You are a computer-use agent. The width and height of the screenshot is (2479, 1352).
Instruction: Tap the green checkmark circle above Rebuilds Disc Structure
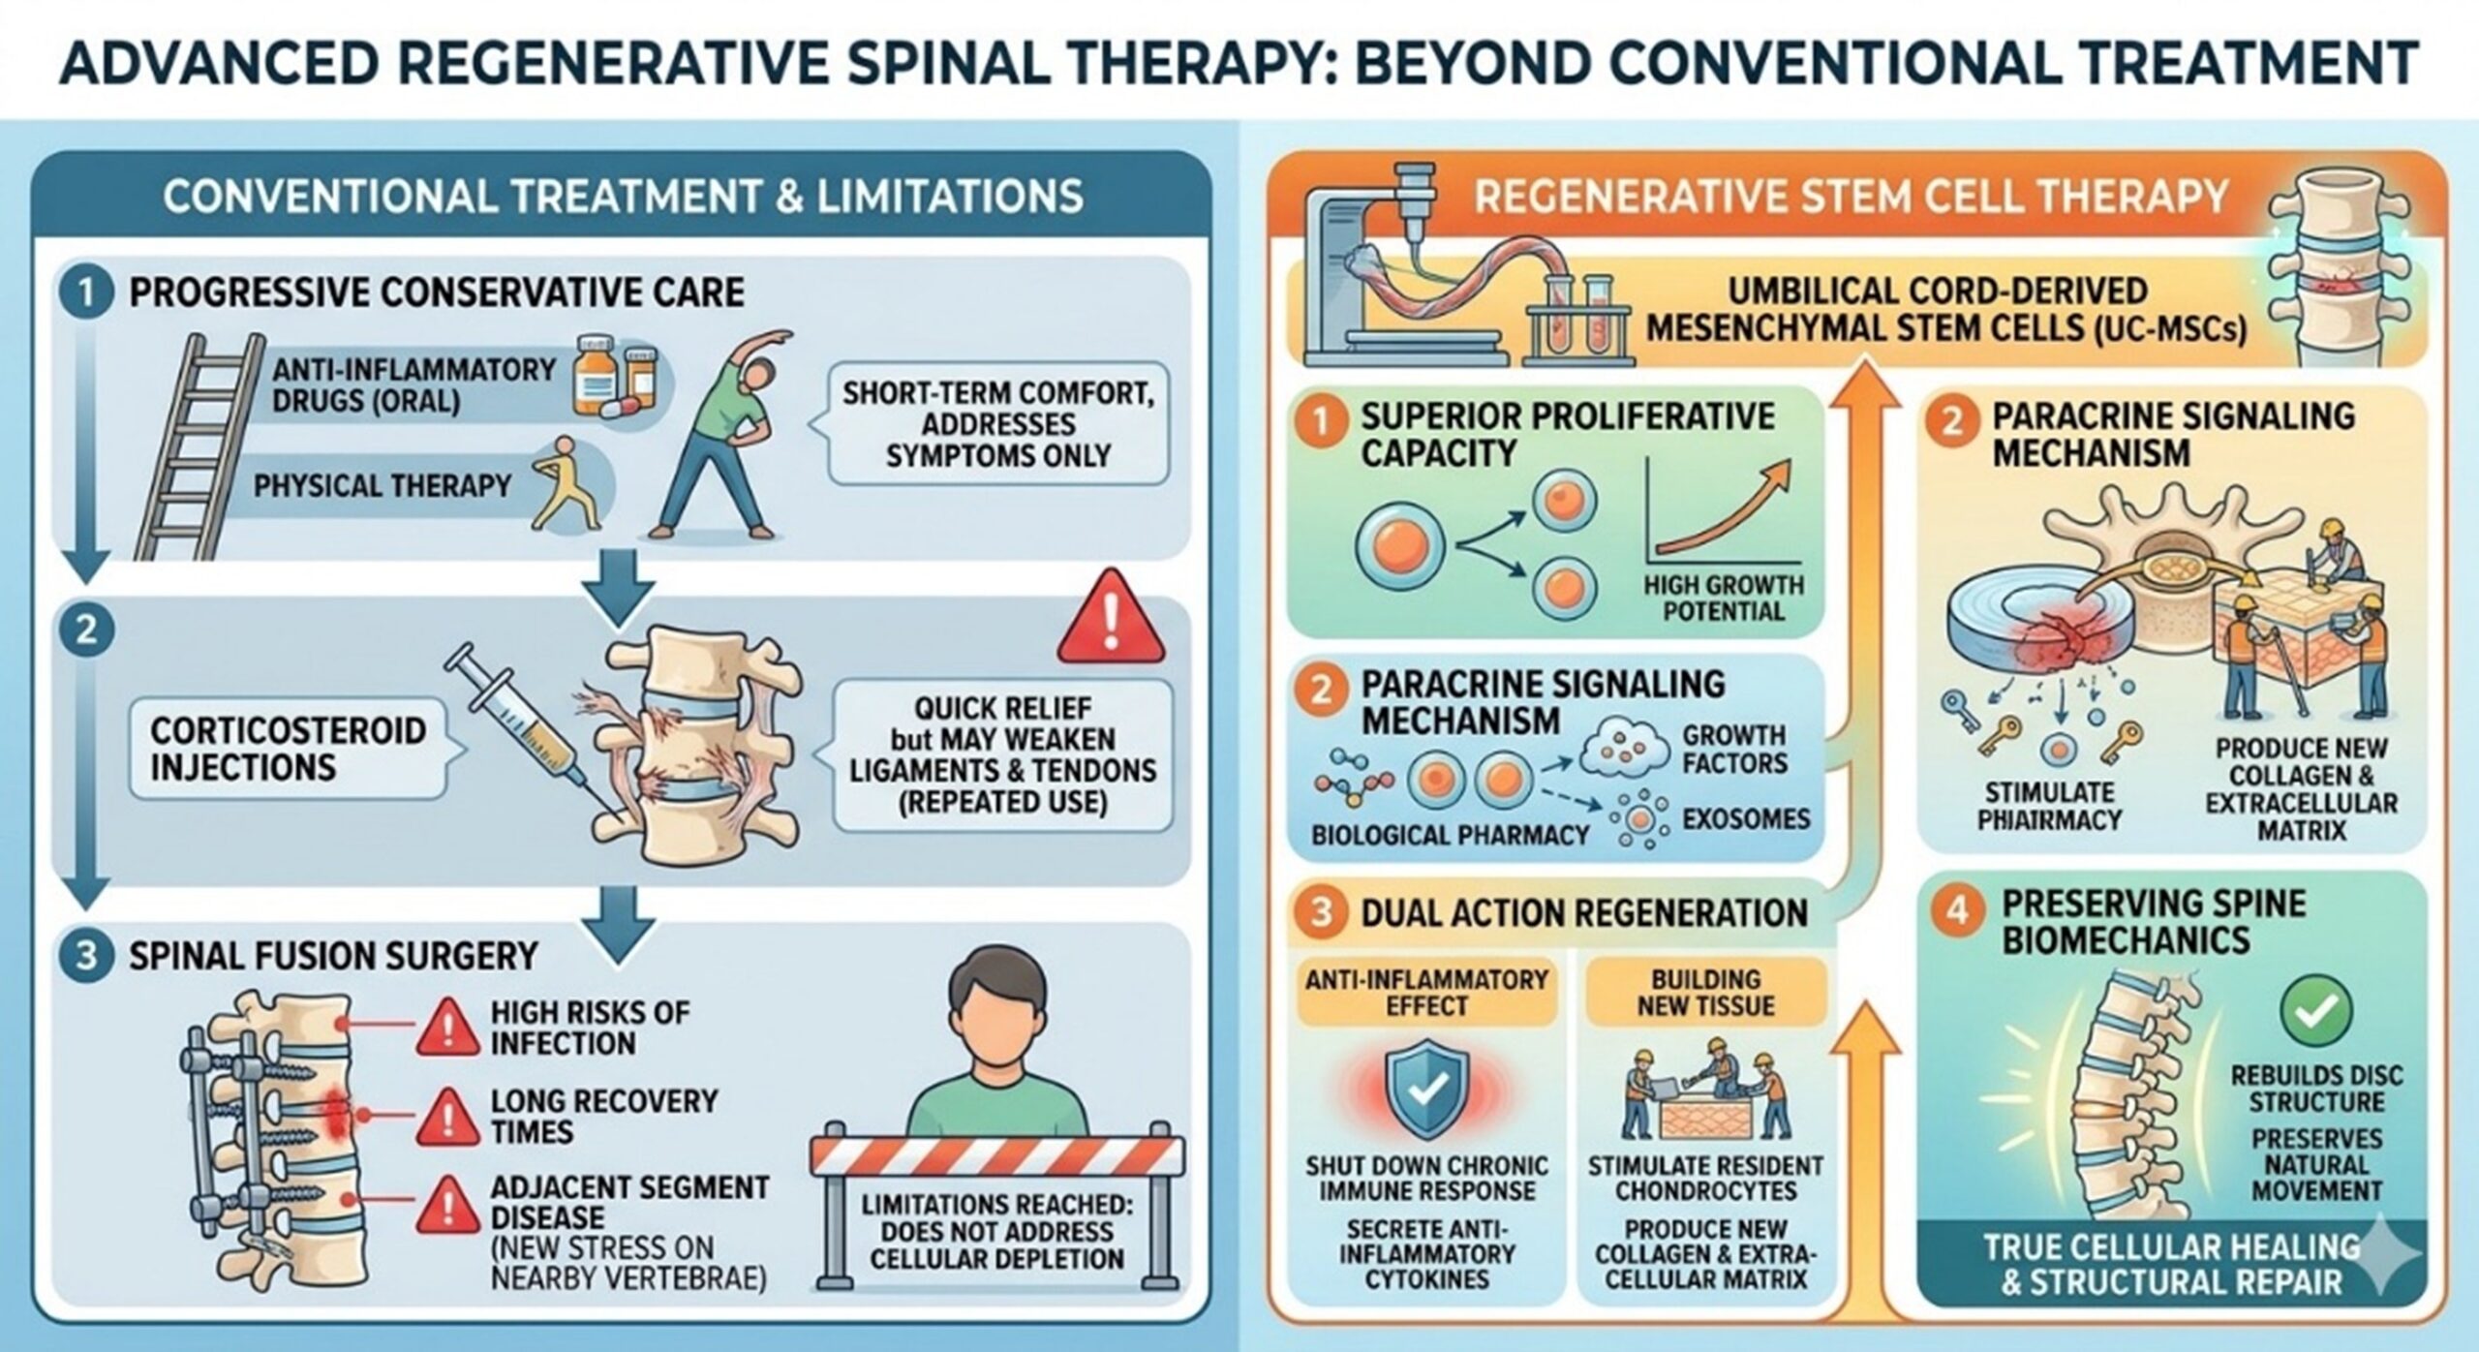(2316, 1010)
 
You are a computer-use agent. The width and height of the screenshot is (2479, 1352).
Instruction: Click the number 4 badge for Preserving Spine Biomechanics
(1957, 911)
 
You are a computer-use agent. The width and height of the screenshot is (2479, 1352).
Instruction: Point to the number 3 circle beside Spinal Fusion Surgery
(86, 956)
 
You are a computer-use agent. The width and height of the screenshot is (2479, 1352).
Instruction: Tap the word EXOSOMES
(1745, 819)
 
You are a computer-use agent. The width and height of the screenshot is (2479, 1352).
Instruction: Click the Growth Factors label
(1733, 750)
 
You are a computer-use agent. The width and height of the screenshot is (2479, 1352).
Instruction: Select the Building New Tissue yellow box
(1705, 993)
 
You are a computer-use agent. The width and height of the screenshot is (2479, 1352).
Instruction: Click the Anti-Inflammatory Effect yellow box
(1426, 993)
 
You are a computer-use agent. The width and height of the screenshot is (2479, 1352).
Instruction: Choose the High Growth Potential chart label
(1724, 598)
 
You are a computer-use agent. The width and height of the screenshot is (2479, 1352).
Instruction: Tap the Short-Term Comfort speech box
(997, 424)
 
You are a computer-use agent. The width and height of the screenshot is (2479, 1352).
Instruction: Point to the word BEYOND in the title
(1461, 62)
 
